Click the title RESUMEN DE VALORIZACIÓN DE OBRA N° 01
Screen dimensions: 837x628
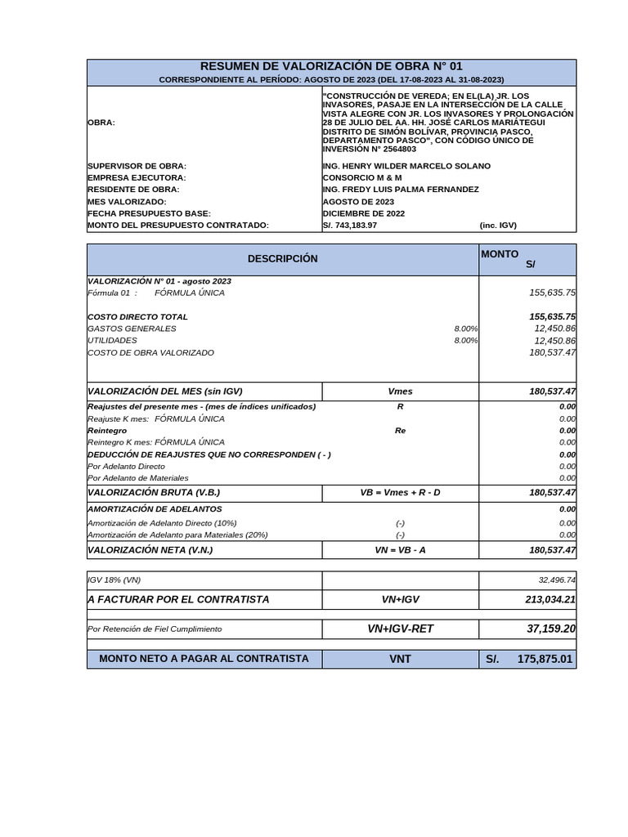[x=331, y=66]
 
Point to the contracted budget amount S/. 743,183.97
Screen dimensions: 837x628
[x=350, y=226]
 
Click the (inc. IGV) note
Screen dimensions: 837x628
[x=498, y=226]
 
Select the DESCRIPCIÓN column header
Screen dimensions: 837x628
[x=283, y=259]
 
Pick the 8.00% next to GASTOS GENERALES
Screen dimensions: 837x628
[x=466, y=329]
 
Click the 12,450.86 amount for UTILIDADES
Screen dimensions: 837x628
[x=554, y=341]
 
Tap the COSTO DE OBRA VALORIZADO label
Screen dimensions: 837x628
[x=150, y=353]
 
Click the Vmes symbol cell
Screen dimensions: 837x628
[x=400, y=392]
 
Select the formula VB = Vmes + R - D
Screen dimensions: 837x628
[x=400, y=493]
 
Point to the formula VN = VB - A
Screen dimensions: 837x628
[x=400, y=550]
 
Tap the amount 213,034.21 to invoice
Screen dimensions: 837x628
[x=551, y=599]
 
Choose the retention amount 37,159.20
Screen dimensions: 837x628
[x=551, y=629]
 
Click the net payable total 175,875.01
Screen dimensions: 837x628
[x=545, y=659]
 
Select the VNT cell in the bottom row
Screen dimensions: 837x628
[x=400, y=659]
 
